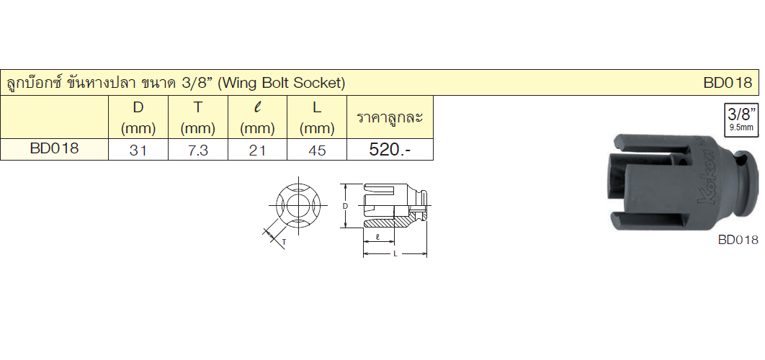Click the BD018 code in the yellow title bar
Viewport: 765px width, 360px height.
point(728,83)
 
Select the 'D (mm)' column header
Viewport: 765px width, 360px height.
point(138,117)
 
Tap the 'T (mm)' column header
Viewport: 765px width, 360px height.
point(197,117)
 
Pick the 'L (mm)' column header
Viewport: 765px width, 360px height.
point(317,117)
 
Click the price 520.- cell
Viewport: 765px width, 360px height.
point(390,150)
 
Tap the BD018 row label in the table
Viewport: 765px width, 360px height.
point(54,149)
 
